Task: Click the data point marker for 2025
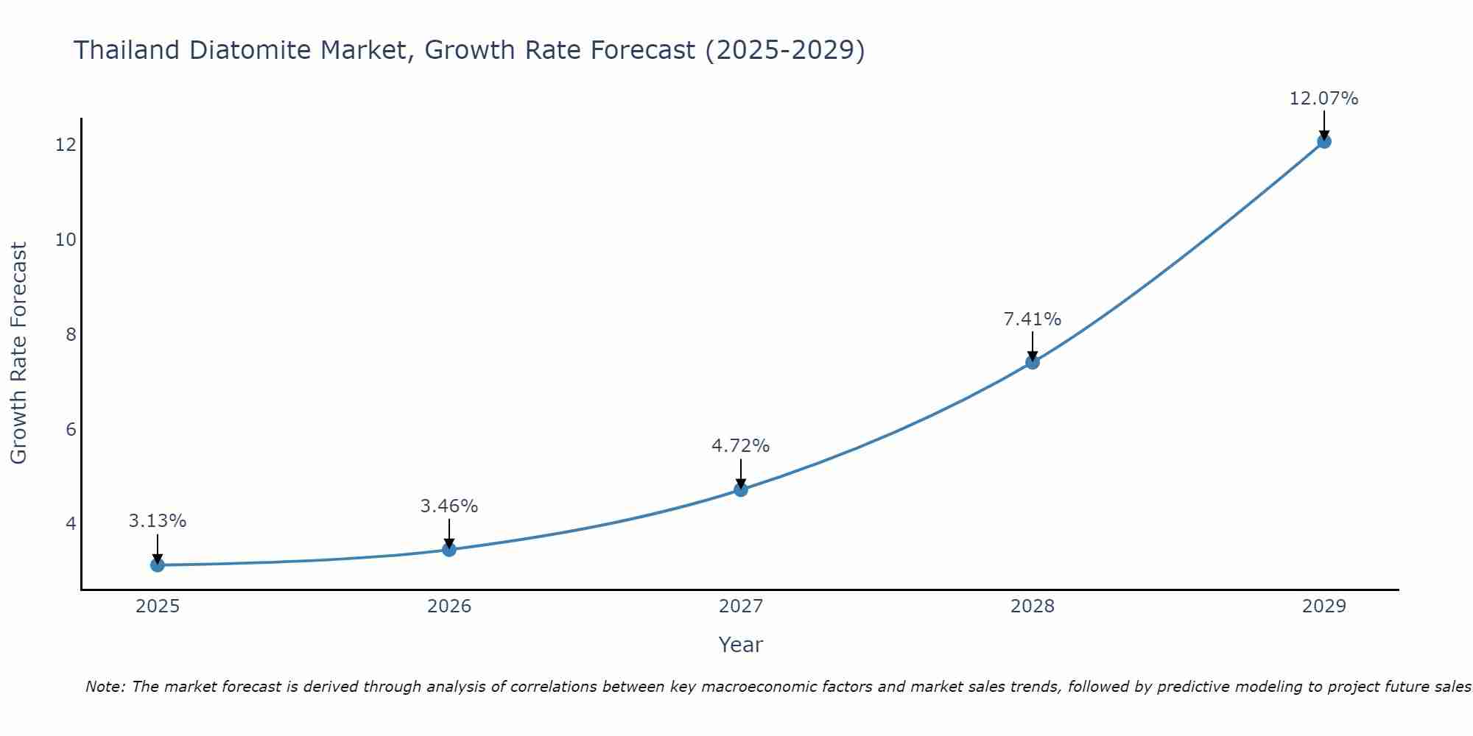click(157, 565)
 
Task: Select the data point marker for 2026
click(449, 549)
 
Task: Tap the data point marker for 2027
click(741, 489)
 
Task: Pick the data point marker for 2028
click(1033, 362)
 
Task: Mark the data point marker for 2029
click(1323, 141)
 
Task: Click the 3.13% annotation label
click(158, 521)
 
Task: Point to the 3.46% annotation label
click(449, 506)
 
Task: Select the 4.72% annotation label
click(741, 446)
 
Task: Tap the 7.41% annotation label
click(1033, 319)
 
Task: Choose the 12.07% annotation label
click(1323, 99)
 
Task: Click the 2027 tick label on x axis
click(741, 606)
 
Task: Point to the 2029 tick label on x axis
click(1323, 606)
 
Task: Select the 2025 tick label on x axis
click(158, 606)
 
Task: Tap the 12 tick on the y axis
click(66, 145)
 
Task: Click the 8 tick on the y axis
click(71, 335)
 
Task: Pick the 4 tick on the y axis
click(71, 524)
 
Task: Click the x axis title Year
click(741, 645)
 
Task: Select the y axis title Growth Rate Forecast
click(18, 353)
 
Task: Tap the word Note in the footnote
click(105, 687)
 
